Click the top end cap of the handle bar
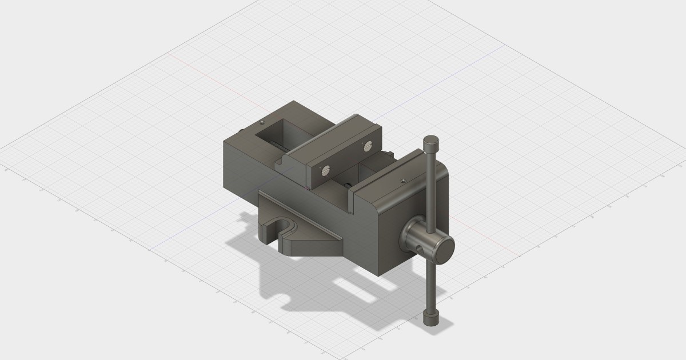point(431,141)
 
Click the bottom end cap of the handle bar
point(430,318)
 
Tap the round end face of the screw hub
point(444,246)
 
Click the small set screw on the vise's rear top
point(262,122)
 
